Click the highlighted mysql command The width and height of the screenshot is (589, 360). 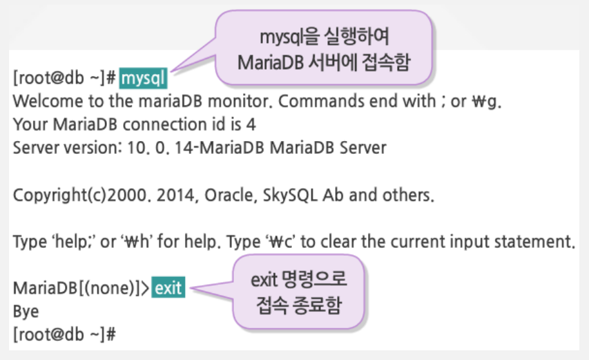click(144, 79)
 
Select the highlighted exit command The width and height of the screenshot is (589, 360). click(168, 288)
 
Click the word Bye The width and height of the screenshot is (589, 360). click(26, 312)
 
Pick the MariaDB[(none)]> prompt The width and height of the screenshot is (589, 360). click(81, 289)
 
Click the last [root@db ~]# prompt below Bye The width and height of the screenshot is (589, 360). click(64, 335)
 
